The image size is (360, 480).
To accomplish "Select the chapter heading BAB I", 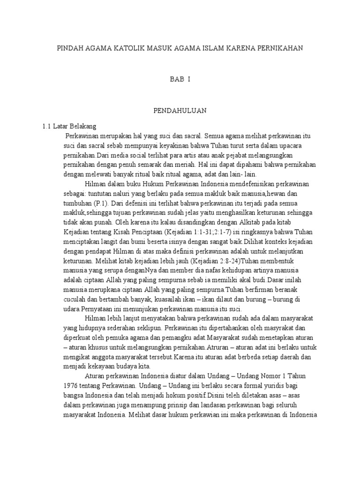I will (180, 80).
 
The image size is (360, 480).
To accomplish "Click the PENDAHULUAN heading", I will (180, 111).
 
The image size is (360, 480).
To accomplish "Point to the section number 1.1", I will (46, 127).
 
